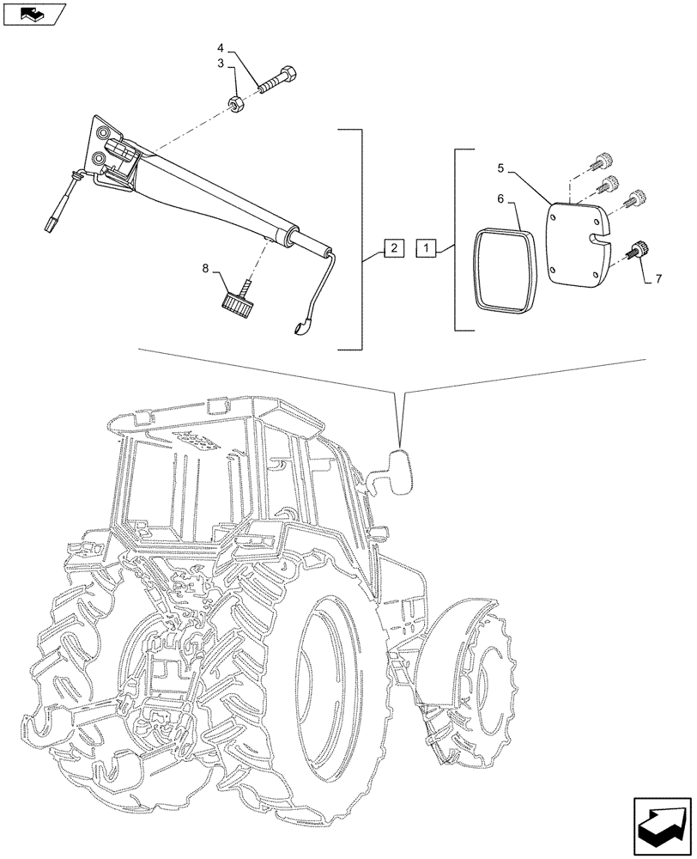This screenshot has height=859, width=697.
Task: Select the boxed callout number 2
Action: pos(391,249)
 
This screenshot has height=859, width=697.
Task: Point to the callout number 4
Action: pos(221,48)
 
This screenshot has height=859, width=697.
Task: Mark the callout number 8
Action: pos(206,268)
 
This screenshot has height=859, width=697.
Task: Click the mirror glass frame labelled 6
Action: pos(503,267)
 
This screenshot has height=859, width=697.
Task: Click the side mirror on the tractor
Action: pos(399,472)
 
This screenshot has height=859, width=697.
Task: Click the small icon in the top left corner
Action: pos(33,13)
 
